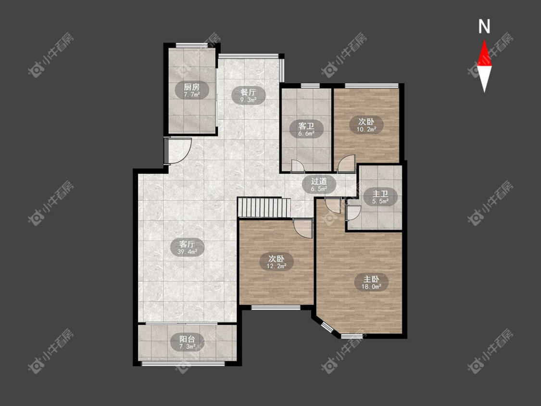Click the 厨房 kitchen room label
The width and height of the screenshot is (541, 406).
(191, 87)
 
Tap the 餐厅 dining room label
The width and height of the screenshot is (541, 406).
(249, 92)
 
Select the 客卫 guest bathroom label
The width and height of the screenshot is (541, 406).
(306, 126)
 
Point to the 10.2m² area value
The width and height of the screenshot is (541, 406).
(366, 130)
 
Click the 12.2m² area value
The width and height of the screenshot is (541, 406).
(277, 266)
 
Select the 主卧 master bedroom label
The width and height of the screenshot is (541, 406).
(371, 279)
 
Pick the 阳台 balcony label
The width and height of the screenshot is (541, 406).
(188, 339)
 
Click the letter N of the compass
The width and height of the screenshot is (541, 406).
(484, 26)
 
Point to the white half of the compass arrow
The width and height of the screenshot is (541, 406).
(484, 79)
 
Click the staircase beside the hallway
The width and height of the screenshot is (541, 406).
(264, 207)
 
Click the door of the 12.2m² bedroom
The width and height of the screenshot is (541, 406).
(302, 228)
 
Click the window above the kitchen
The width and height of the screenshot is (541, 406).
(189, 45)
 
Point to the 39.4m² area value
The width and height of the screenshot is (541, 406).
(188, 252)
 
